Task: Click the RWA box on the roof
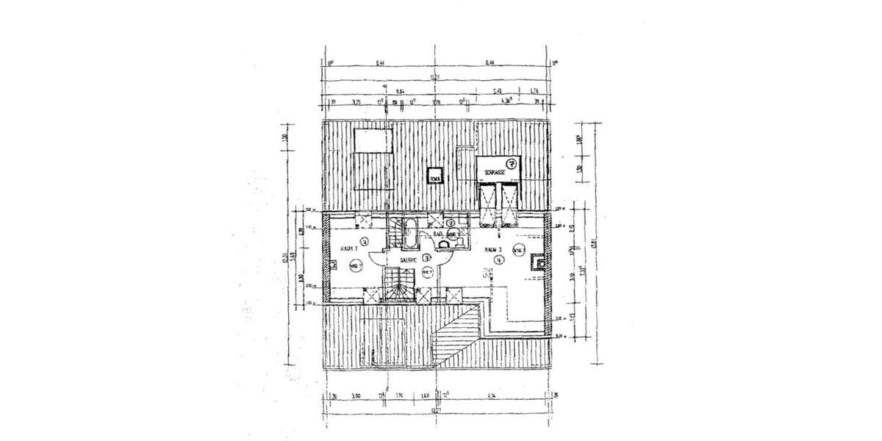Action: click(434, 176)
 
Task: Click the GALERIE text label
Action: click(409, 259)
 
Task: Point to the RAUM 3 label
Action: click(492, 250)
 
